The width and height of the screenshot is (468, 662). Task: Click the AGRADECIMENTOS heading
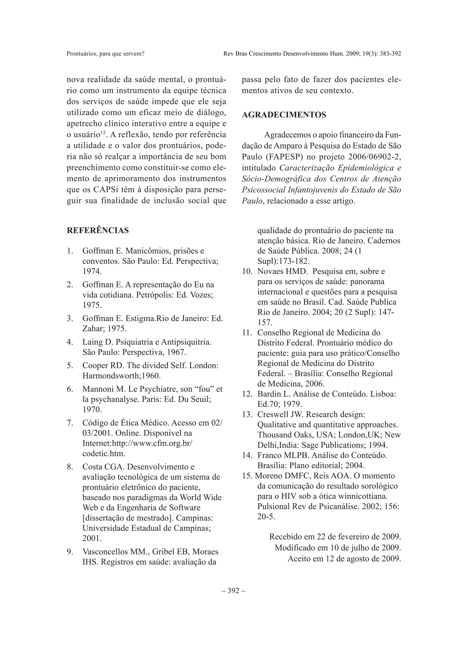coord(284,115)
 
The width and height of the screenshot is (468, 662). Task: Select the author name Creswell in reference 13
coord(272,414)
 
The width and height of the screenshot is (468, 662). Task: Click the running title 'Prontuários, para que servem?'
coord(105,54)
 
